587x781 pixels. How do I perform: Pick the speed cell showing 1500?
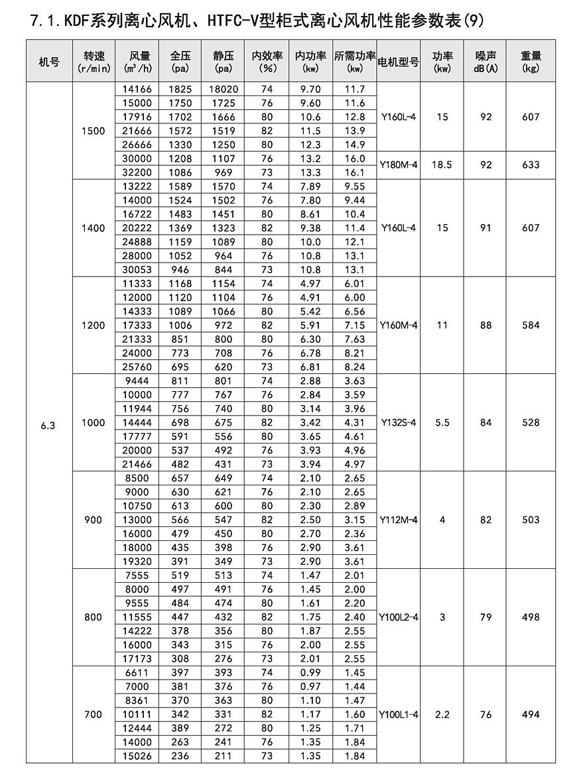[94, 131]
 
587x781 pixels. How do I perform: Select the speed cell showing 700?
[94, 714]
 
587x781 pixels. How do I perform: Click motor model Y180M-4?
[398, 165]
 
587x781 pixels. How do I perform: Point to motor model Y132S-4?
[398, 422]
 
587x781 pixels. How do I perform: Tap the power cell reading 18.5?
[442, 165]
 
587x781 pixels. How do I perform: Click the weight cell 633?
[531, 165]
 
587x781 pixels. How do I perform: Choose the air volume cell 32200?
[137, 172]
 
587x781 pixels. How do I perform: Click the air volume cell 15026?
[137, 756]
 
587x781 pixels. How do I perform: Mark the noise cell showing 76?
[486, 714]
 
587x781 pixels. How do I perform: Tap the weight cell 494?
[531, 714]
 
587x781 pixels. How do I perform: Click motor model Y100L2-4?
[398, 617]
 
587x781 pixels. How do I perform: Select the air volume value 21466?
[137, 464]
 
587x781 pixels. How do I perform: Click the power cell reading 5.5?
[442, 422]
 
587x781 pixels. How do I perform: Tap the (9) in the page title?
[471, 21]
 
